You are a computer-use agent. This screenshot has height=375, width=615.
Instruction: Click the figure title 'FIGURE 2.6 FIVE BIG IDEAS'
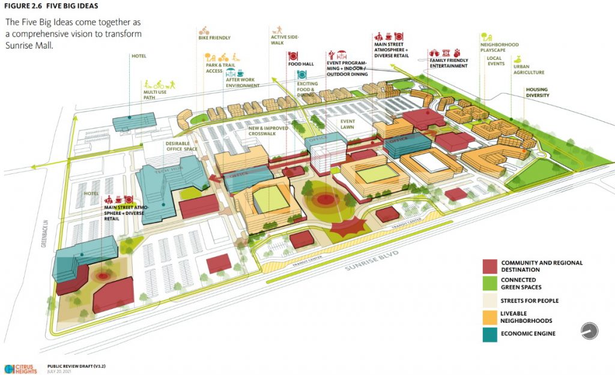pos(52,7)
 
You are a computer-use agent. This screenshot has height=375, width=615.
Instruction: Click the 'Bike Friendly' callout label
pos(214,37)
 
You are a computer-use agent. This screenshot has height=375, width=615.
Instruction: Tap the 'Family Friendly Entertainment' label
pos(448,63)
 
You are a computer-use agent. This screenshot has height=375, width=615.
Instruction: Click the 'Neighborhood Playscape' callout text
pos(499,47)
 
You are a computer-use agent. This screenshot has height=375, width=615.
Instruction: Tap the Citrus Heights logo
pos(20,367)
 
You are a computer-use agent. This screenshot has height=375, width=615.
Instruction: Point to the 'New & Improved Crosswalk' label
pos(268,131)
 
